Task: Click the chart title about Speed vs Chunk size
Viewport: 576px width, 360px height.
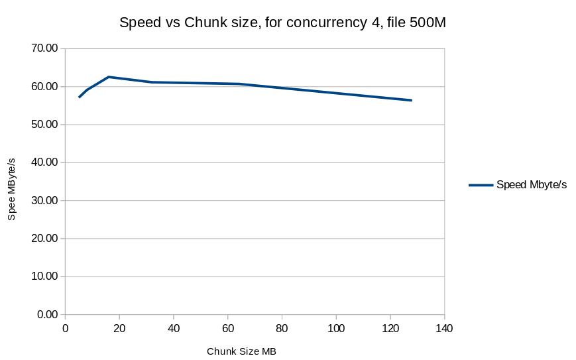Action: click(283, 23)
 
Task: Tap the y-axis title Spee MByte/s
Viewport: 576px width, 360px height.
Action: click(11, 190)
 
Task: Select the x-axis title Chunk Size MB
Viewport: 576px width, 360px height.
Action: click(241, 351)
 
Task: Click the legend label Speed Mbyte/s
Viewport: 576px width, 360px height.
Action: click(532, 185)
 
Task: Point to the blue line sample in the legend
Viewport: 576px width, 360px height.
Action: click(481, 185)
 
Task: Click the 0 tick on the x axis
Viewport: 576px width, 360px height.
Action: click(66, 328)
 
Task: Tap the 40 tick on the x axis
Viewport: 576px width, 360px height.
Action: click(174, 328)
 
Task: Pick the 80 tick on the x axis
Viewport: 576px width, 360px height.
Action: click(282, 328)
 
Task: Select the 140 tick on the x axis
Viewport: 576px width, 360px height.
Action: click(444, 328)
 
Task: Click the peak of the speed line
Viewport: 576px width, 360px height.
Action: click(109, 77)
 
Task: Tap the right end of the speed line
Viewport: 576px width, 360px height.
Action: click(411, 100)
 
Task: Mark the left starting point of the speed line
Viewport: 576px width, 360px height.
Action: click(80, 97)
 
